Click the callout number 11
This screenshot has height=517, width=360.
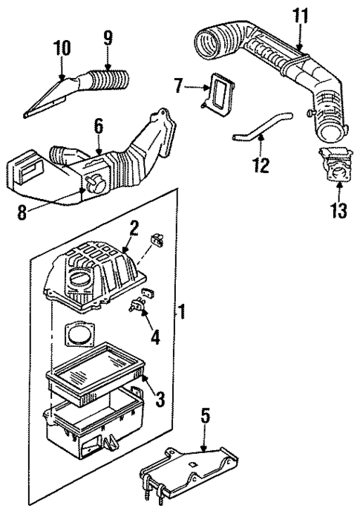[x=300, y=14]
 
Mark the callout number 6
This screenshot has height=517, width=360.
[x=96, y=129]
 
